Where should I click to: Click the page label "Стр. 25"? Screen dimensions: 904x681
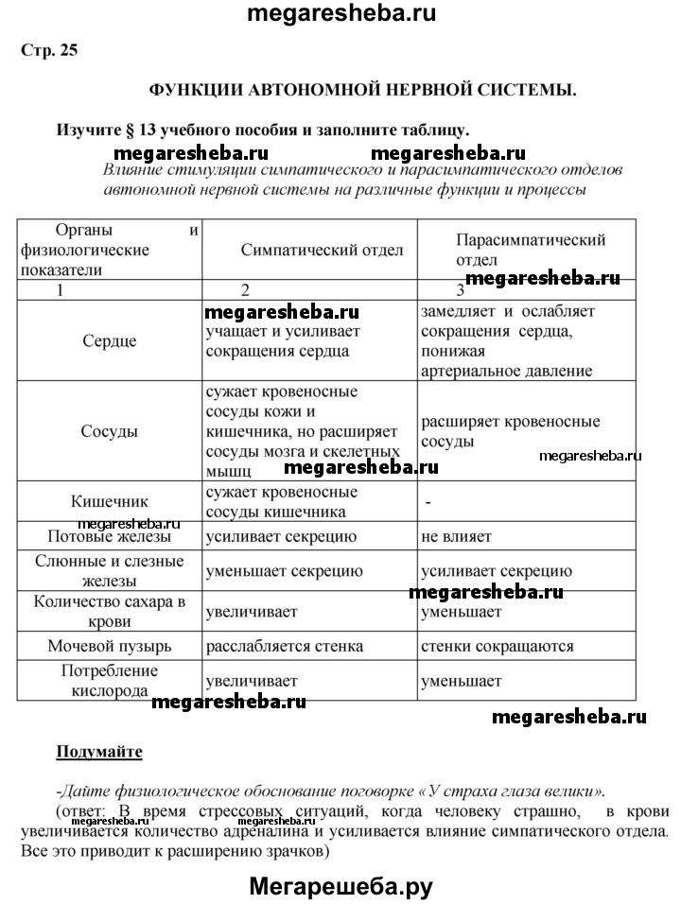[48, 51]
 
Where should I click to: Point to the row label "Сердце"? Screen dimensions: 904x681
[109, 341]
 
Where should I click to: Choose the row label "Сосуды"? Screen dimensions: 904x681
[109, 430]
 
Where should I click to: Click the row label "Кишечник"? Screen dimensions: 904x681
[109, 501]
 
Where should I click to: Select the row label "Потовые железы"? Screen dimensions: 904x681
[109, 537]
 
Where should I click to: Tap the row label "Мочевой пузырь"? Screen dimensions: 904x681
[109, 647]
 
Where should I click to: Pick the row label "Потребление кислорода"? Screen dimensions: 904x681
[109, 680]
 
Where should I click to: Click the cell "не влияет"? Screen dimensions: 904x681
[457, 537]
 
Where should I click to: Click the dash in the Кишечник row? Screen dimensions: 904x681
[428, 502]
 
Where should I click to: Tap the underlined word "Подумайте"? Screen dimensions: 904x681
[99, 752]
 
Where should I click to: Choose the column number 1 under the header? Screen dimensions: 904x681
[60, 290]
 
